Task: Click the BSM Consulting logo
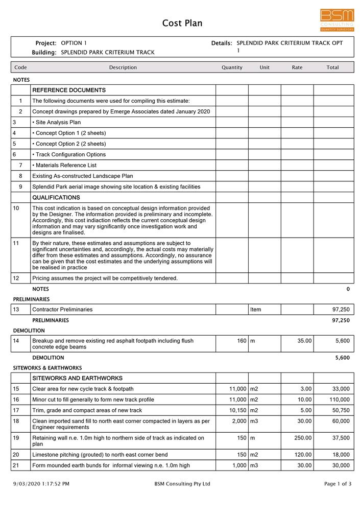[337, 20]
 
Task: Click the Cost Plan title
[182, 23]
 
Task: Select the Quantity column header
[232, 67]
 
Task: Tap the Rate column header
[297, 67]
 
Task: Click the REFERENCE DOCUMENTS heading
[69, 90]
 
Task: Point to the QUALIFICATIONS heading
[56, 198]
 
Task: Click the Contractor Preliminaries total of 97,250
[341, 310]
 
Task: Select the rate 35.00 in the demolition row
[304, 341]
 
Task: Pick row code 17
[16, 410]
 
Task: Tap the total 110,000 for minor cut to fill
[338, 400]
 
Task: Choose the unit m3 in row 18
[254, 421]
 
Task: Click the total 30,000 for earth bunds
[340, 465]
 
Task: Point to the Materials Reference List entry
[64, 166]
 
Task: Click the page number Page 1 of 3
[338, 484]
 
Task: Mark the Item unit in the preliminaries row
[256, 310]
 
